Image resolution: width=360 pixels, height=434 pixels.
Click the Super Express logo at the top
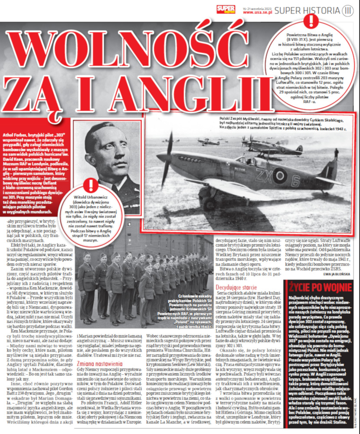click(x=226, y=10)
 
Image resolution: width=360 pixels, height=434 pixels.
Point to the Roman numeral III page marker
click(x=348, y=10)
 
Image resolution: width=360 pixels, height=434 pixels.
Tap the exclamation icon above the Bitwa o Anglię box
click(x=310, y=21)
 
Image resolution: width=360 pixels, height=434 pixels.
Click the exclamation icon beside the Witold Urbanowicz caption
click(x=91, y=184)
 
